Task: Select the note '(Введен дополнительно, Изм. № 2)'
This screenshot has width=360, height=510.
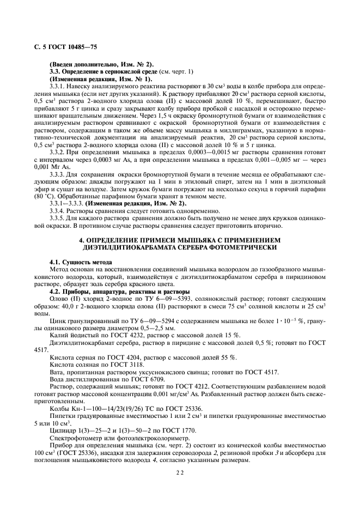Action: point(101,66)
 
